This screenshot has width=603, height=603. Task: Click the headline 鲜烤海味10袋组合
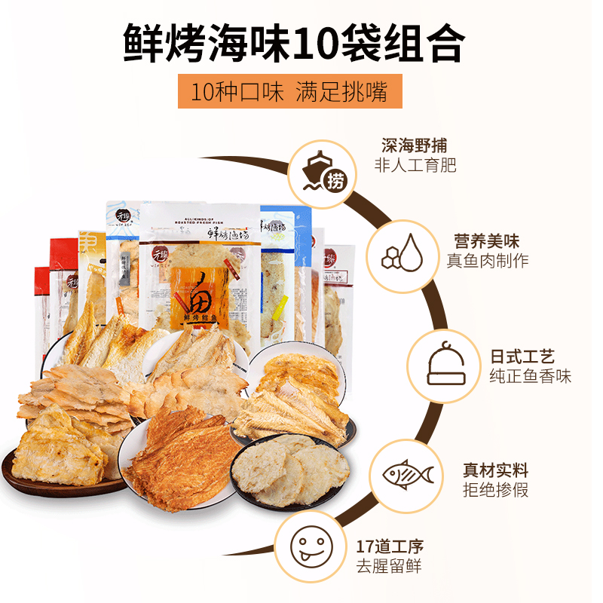click(293, 44)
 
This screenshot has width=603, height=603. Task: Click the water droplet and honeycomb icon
click(401, 251)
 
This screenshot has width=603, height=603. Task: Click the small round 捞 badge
click(335, 182)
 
